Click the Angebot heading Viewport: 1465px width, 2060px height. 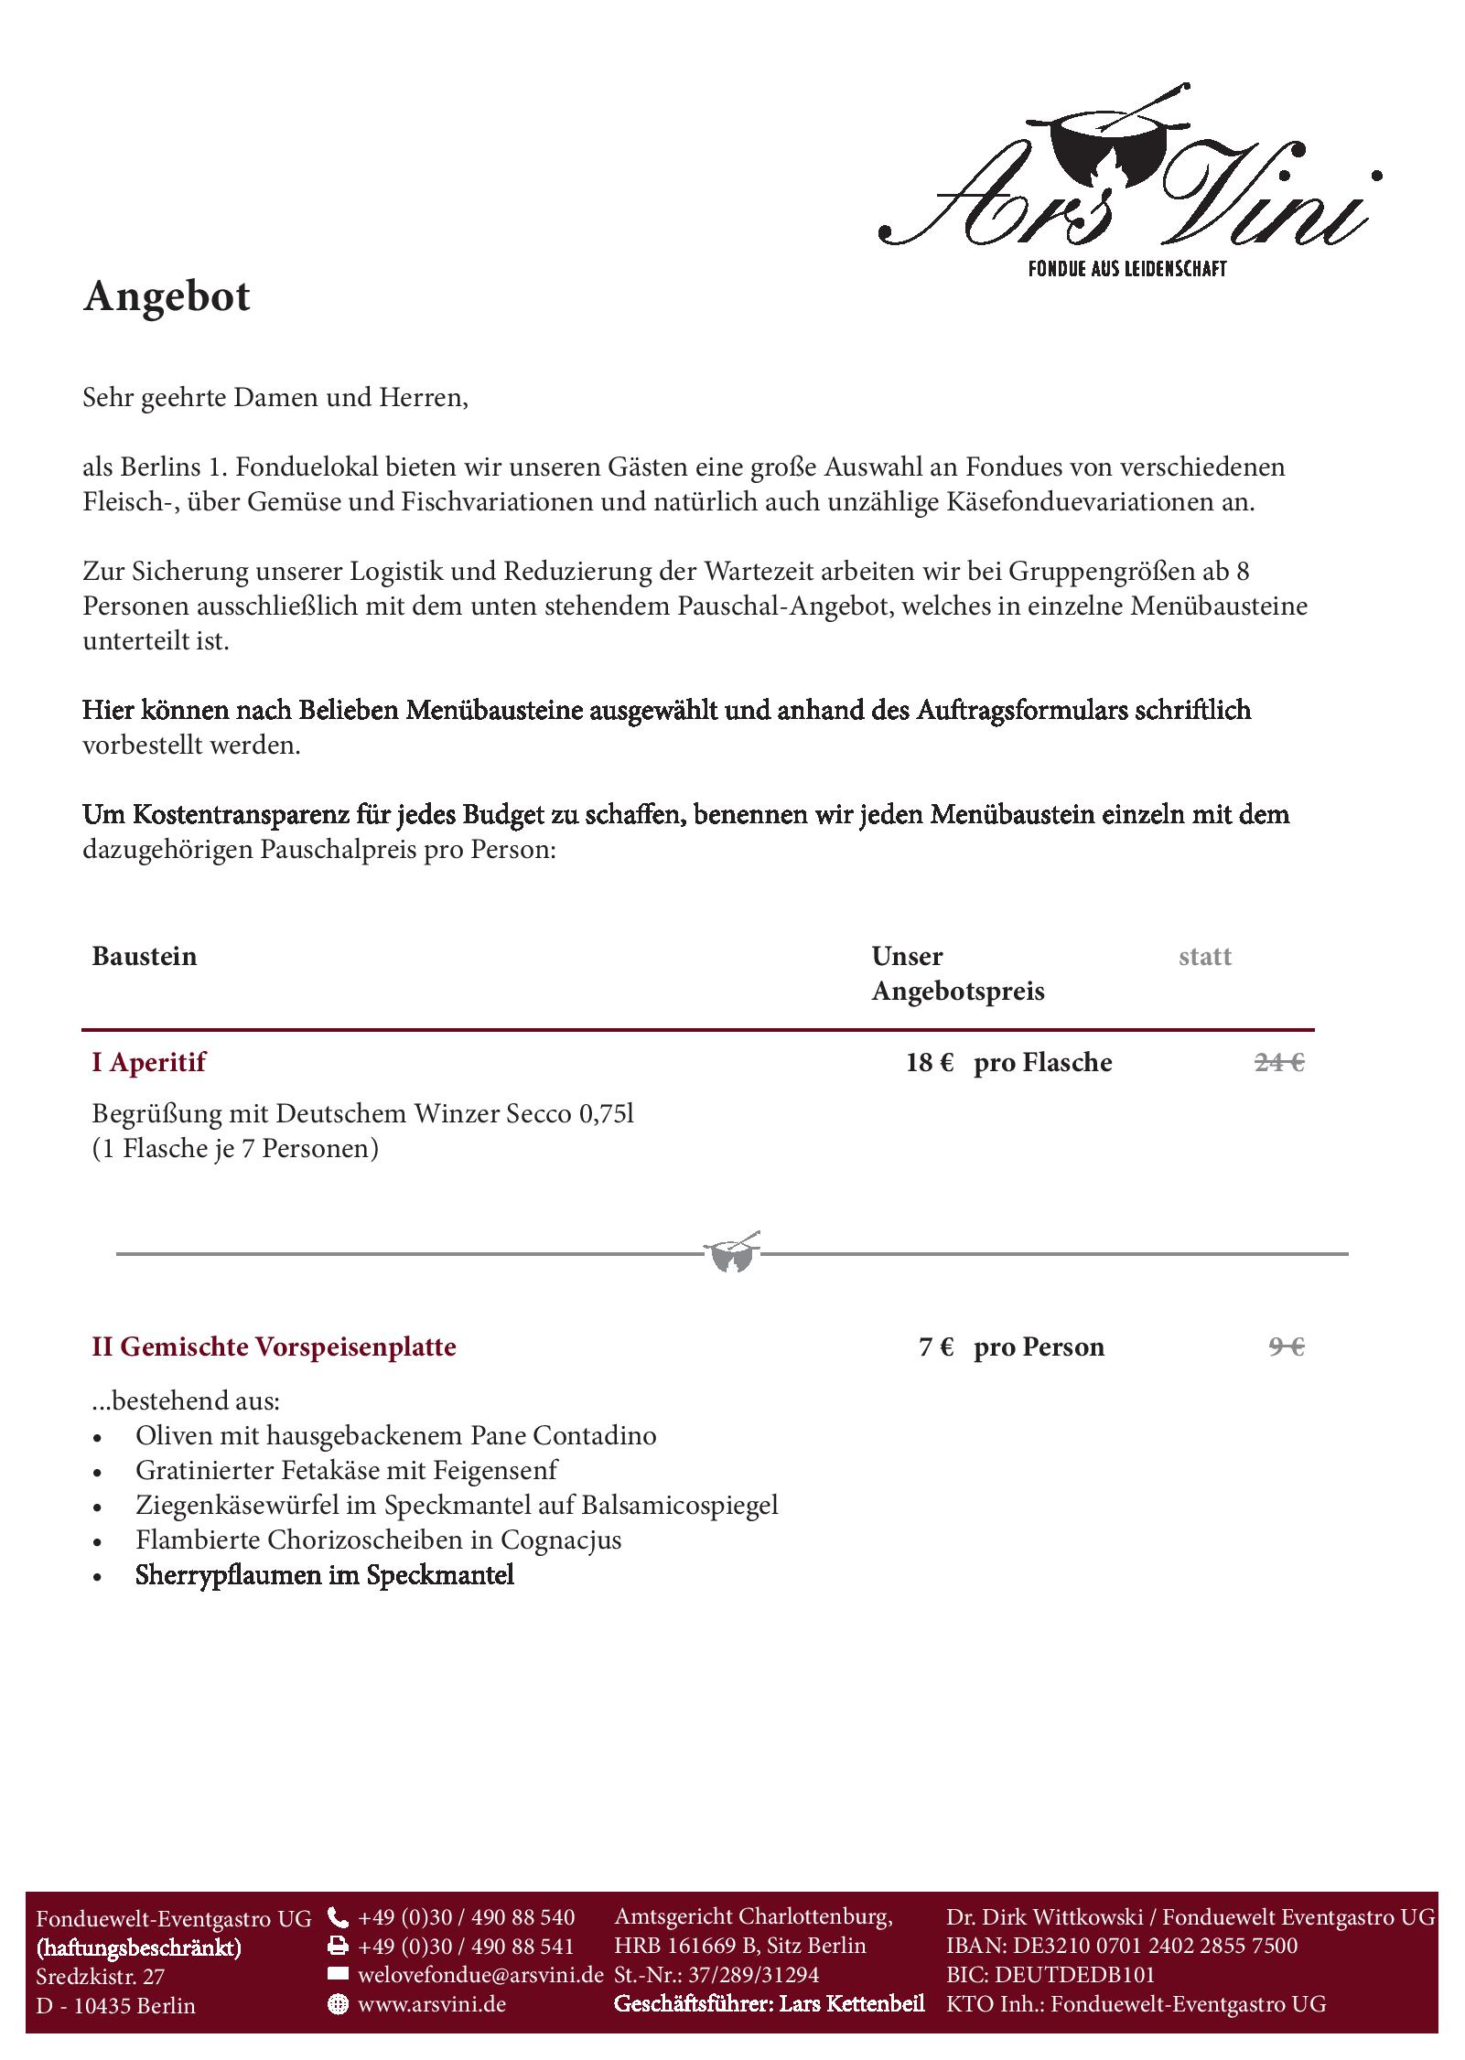(167, 297)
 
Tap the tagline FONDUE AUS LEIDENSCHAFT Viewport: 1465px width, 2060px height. (1126, 269)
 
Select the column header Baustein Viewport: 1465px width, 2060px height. (145, 957)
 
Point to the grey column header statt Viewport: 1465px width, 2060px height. (1204, 957)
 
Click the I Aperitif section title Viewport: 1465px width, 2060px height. (148, 1062)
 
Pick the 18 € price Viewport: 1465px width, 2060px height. (930, 1062)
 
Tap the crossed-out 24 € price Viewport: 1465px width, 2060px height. (1278, 1062)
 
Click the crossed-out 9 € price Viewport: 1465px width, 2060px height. (1286, 1347)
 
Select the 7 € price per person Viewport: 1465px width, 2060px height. (936, 1347)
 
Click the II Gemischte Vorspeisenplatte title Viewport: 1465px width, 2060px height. (274, 1347)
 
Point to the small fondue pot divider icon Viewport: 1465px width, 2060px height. (732, 1253)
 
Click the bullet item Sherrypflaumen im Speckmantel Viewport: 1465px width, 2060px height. (325, 1575)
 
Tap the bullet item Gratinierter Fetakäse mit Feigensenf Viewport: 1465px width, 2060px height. (346, 1470)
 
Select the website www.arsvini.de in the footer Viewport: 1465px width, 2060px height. (432, 2004)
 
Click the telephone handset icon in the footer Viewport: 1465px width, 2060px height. (338, 1917)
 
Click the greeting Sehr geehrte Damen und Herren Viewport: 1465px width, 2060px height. (275, 398)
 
